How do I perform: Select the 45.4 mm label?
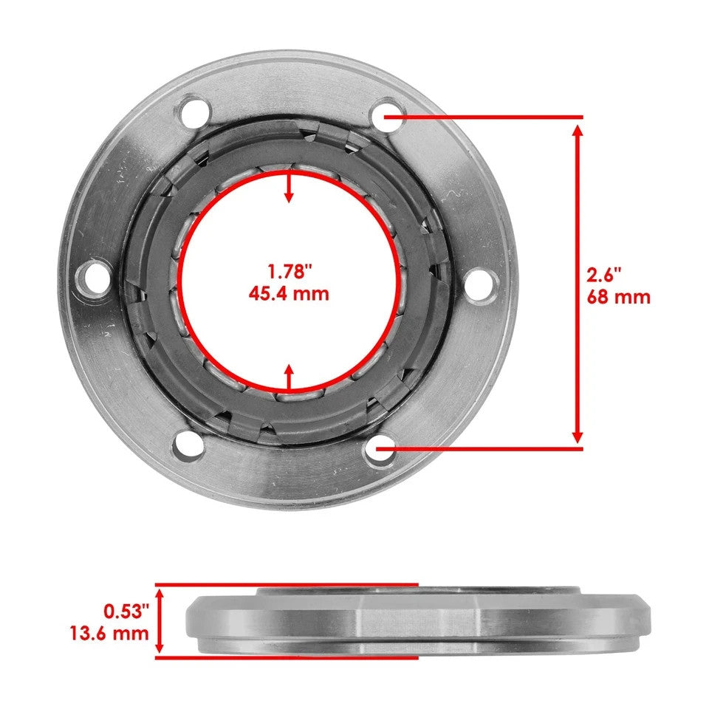[x=288, y=293]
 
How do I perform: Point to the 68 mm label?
[x=619, y=297]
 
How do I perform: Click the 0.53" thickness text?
[x=126, y=611]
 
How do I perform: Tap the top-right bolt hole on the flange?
[x=385, y=115]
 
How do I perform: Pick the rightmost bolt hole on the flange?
[x=481, y=281]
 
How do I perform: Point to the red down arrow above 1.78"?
[x=289, y=188]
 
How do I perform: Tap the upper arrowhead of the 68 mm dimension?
[x=578, y=131]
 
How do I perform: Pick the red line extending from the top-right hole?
[x=487, y=116]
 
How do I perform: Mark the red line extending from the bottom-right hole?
[x=487, y=448]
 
